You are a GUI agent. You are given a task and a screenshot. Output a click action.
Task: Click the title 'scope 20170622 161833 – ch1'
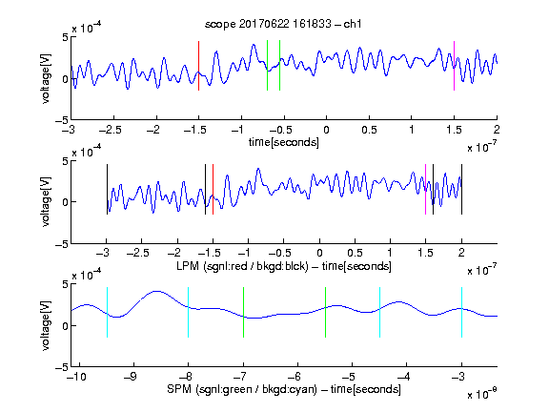point(283,24)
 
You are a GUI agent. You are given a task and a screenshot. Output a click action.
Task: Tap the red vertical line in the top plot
point(198,66)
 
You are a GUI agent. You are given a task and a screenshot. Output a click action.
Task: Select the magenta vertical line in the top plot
point(454,66)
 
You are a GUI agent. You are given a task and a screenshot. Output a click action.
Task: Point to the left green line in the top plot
point(267,66)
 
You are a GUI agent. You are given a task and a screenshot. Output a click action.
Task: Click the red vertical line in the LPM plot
point(213,189)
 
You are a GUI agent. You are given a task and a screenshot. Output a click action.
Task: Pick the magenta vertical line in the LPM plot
point(425,189)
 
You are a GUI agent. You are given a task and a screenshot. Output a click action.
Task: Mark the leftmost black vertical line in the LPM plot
point(107,189)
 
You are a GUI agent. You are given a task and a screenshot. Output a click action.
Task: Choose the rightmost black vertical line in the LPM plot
point(461,189)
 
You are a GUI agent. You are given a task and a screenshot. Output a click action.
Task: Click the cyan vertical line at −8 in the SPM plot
point(189,313)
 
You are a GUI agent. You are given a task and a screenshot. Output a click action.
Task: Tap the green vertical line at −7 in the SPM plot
point(243,313)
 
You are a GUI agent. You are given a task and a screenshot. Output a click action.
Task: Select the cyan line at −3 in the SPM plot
point(461,313)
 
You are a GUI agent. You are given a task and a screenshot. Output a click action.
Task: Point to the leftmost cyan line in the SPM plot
point(107,313)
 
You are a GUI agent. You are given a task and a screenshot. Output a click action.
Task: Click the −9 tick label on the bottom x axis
point(131,377)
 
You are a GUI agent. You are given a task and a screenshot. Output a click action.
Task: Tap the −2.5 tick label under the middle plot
point(138,253)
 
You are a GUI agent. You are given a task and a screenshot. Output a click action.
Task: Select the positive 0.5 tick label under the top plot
point(369,130)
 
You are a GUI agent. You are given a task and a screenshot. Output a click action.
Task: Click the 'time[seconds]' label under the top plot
point(284,143)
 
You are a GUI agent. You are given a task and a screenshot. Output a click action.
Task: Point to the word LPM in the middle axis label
point(188,266)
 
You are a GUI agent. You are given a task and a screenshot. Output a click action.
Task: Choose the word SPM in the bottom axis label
point(179,389)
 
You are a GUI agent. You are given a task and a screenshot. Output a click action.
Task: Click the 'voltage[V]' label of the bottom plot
point(46,325)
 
